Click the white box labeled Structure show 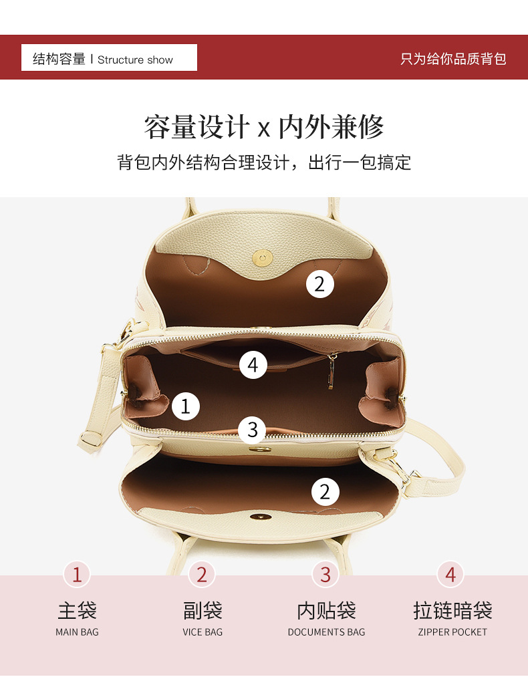coord(109,57)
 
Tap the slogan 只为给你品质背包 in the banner coord(453,59)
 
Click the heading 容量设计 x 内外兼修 coord(264,127)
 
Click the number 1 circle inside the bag coord(186,406)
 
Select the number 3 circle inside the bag coord(252,430)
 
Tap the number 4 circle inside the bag coord(253,365)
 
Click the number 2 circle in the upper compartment coord(320,284)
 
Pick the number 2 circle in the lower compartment coord(325,492)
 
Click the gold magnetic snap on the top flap coord(263,258)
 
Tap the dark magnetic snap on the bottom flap coord(261,517)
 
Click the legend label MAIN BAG coord(77,632)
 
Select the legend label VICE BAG coord(203,632)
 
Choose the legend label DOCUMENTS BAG coord(326,632)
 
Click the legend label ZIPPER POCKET coord(452,632)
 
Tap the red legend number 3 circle coord(325,575)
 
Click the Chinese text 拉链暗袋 coord(452,611)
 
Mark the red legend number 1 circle coord(77,575)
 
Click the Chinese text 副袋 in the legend coord(203,611)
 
